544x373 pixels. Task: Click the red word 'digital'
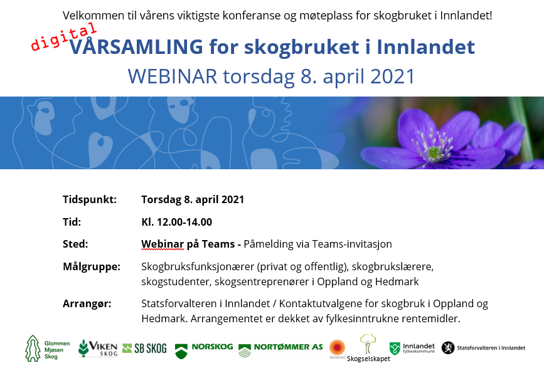click(x=63, y=37)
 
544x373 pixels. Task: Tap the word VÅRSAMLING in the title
click(x=136, y=46)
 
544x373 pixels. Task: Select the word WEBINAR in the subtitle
click(x=173, y=76)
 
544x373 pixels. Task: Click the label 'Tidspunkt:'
click(x=90, y=200)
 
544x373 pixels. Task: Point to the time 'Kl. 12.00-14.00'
click(x=176, y=222)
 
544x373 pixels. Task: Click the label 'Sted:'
click(x=75, y=244)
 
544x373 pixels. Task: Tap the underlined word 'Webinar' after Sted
click(x=163, y=244)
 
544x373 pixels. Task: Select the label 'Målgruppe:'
click(x=92, y=266)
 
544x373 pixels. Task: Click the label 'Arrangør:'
click(x=87, y=303)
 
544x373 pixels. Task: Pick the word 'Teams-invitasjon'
click(x=352, y=244)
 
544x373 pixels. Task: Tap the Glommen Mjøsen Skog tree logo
click(x=33, y=348)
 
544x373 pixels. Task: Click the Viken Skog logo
click(x=98, y=348)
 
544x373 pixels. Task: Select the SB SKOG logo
click(x=145, y=348)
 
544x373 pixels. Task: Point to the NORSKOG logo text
click(x=212, y=347)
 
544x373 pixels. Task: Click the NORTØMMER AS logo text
click(x=288, y=347)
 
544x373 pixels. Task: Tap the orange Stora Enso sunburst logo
click(x=337, y=347)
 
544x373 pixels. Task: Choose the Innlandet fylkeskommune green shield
click(x=395, y=349)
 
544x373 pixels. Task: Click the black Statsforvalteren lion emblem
click(x=448, y=348)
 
